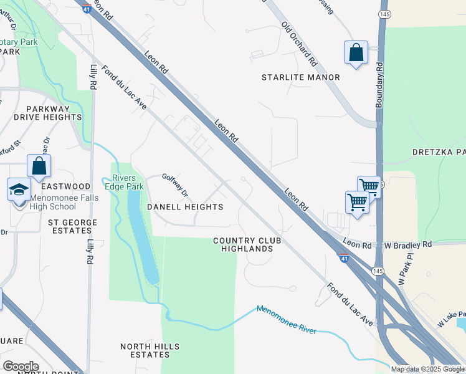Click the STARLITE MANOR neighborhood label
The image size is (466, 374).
tap(300, 77)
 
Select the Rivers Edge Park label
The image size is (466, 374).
tap(124, 181)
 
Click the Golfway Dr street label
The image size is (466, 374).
tap(175, 185)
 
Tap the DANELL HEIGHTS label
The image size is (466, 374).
tap(185, 206)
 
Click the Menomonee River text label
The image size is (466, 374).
tap(287, 319)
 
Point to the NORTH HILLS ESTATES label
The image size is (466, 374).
tap(150, 350)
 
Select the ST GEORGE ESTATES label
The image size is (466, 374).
tap(73, 226)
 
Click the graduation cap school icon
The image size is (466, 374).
tap(19, 189)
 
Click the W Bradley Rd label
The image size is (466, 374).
tap(408, 245)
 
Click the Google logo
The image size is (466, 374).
tap(20, 367)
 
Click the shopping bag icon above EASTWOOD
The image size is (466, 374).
tap(39, 166)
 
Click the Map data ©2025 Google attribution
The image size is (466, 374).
tap(427, 369)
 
